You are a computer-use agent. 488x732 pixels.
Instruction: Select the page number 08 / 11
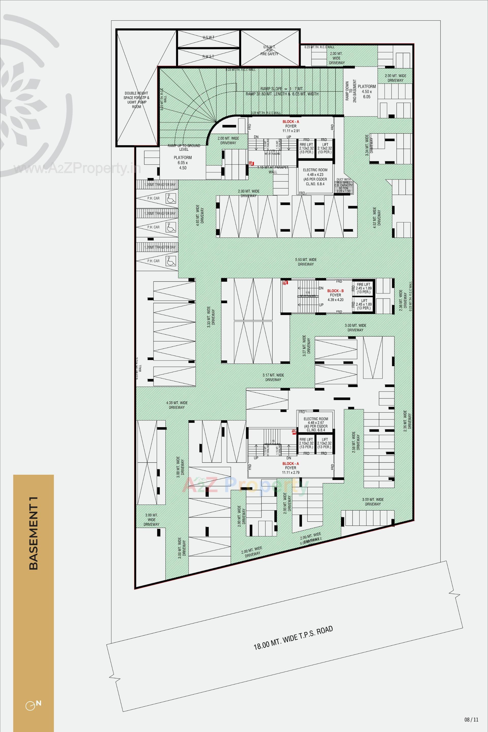pos(471,720)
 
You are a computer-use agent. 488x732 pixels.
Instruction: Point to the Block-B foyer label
pos(335,295)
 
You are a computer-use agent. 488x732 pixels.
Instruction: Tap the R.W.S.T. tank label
pos(208,56)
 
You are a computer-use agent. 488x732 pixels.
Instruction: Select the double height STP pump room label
pos(136,100)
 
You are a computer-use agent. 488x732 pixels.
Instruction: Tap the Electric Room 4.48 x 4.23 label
pos(315,177)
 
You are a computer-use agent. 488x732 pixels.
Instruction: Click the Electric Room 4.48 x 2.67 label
pos(316,424)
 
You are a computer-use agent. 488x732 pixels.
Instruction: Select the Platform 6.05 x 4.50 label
pos(183,162)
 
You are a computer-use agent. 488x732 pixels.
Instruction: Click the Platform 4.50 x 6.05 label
pos(367,92)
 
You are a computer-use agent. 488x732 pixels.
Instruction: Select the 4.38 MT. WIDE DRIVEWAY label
pos(177,405)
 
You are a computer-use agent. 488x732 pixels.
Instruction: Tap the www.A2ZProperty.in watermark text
pos(77,169)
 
